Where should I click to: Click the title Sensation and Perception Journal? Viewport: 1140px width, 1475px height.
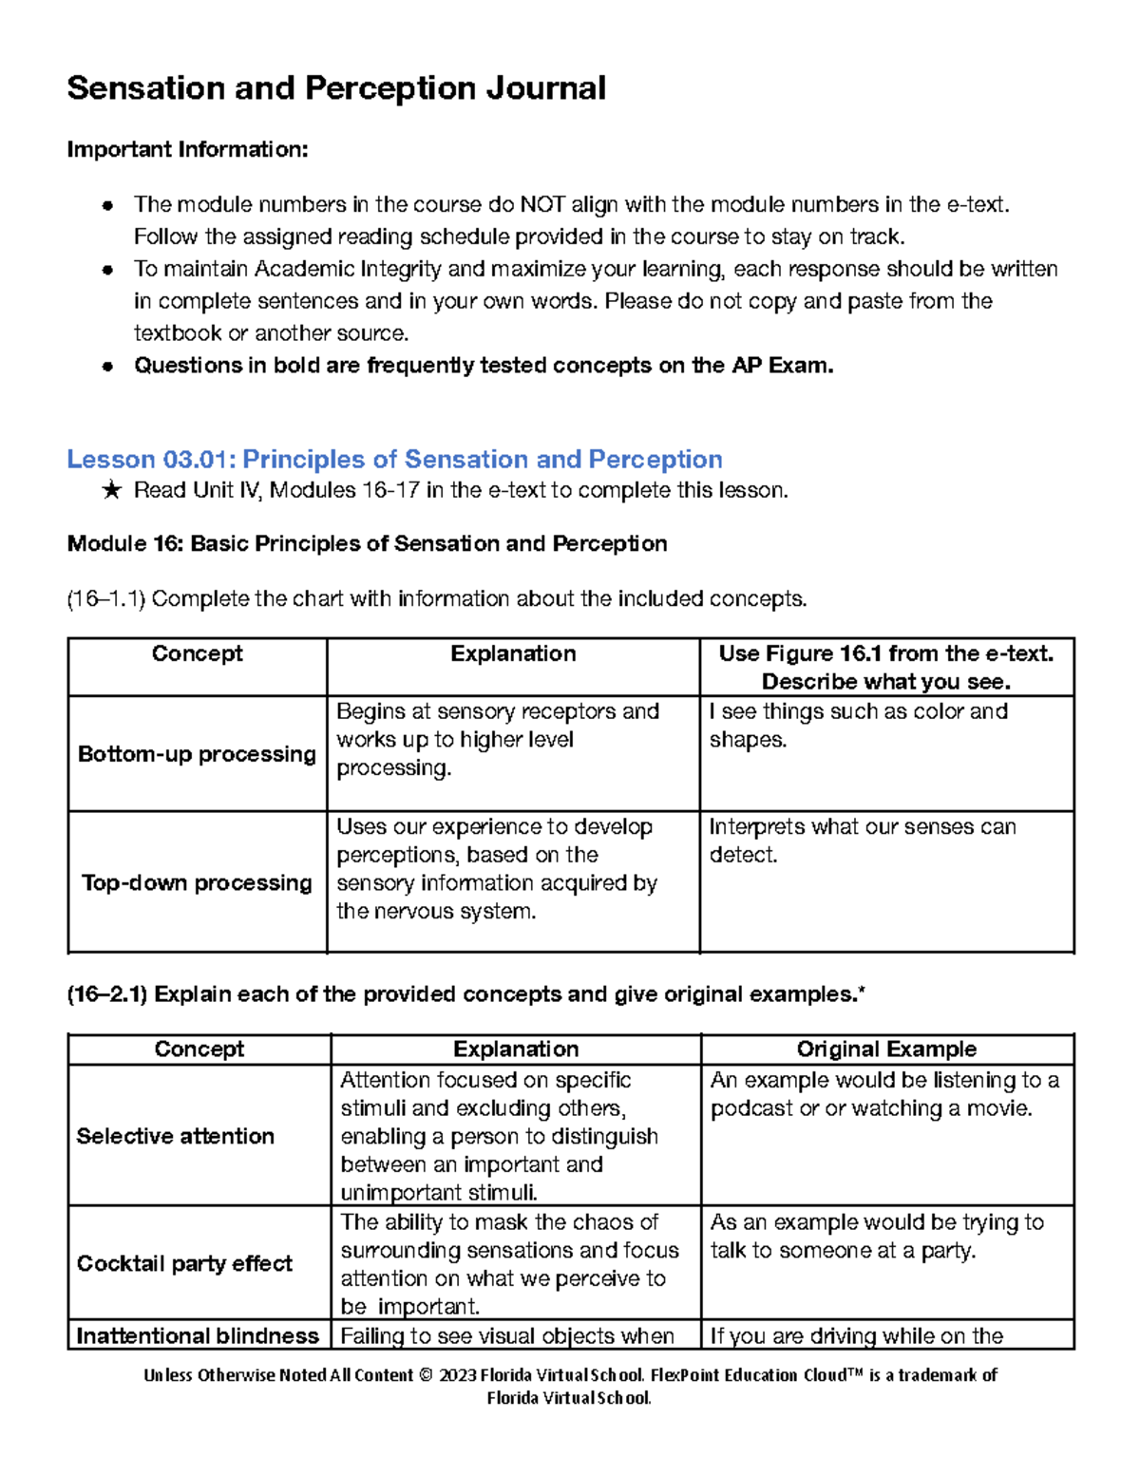(x=336, y=88)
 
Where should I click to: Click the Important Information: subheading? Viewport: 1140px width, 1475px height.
(x=187, y=149)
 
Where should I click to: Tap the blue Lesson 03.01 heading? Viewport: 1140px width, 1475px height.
(x=394, y=460)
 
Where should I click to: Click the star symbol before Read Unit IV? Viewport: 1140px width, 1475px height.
(x=111, y=491)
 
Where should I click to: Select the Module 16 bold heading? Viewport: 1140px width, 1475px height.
(x=367, y=543)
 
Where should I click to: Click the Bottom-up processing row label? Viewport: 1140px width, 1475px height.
(x=197, y=754)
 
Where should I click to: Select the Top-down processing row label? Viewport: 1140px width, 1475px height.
(x=197, y=882)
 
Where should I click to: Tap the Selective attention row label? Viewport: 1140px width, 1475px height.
(x=175, y=1136)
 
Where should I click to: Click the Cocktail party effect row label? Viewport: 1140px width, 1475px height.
(x=184, y=1263)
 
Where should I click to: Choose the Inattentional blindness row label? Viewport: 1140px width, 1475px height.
(x=197, y=1335)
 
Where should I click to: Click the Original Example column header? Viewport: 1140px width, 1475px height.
(x=886, y=1049)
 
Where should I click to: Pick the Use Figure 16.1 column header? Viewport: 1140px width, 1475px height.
(x=885, y=667)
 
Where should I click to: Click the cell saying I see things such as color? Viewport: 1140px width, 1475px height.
(x=858, y=725)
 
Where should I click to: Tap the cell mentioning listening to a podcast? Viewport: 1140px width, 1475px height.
(x=883, y=1094)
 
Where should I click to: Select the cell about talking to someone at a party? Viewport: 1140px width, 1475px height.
(x=876, y=1236)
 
